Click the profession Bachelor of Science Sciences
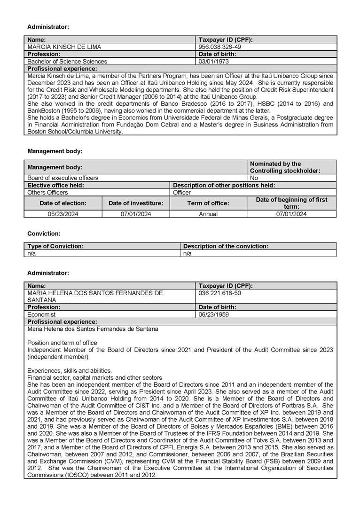[x=67, y=61]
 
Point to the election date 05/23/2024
[x=63, y=214]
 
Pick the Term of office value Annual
[x=208, y=214]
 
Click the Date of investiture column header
[x=136, y=203]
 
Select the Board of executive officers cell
[x=63, y=178]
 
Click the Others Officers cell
[x=47, y=192]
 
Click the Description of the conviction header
[x=226, y=246]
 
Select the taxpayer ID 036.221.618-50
[x=220, y=292]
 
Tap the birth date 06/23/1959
[x=214, y=314]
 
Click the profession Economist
[x=41, y=314]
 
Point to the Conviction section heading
[x=44, y=234]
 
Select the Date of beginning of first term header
[x=291, y=203]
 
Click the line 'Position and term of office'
[x=62, y=343]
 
